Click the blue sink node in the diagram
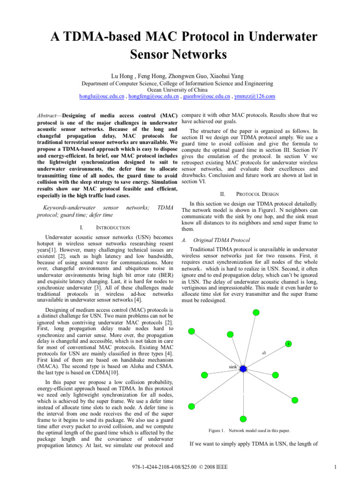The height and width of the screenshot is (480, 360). pos(243,368)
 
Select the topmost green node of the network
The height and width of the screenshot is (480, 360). pos(255,312)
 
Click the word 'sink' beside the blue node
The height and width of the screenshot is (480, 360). pos(233,366)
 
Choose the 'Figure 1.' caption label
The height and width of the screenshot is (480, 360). pos(217,430)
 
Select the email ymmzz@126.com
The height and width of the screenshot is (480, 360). pos(256,96)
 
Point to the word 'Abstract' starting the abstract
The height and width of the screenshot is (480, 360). pos(46,115)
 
